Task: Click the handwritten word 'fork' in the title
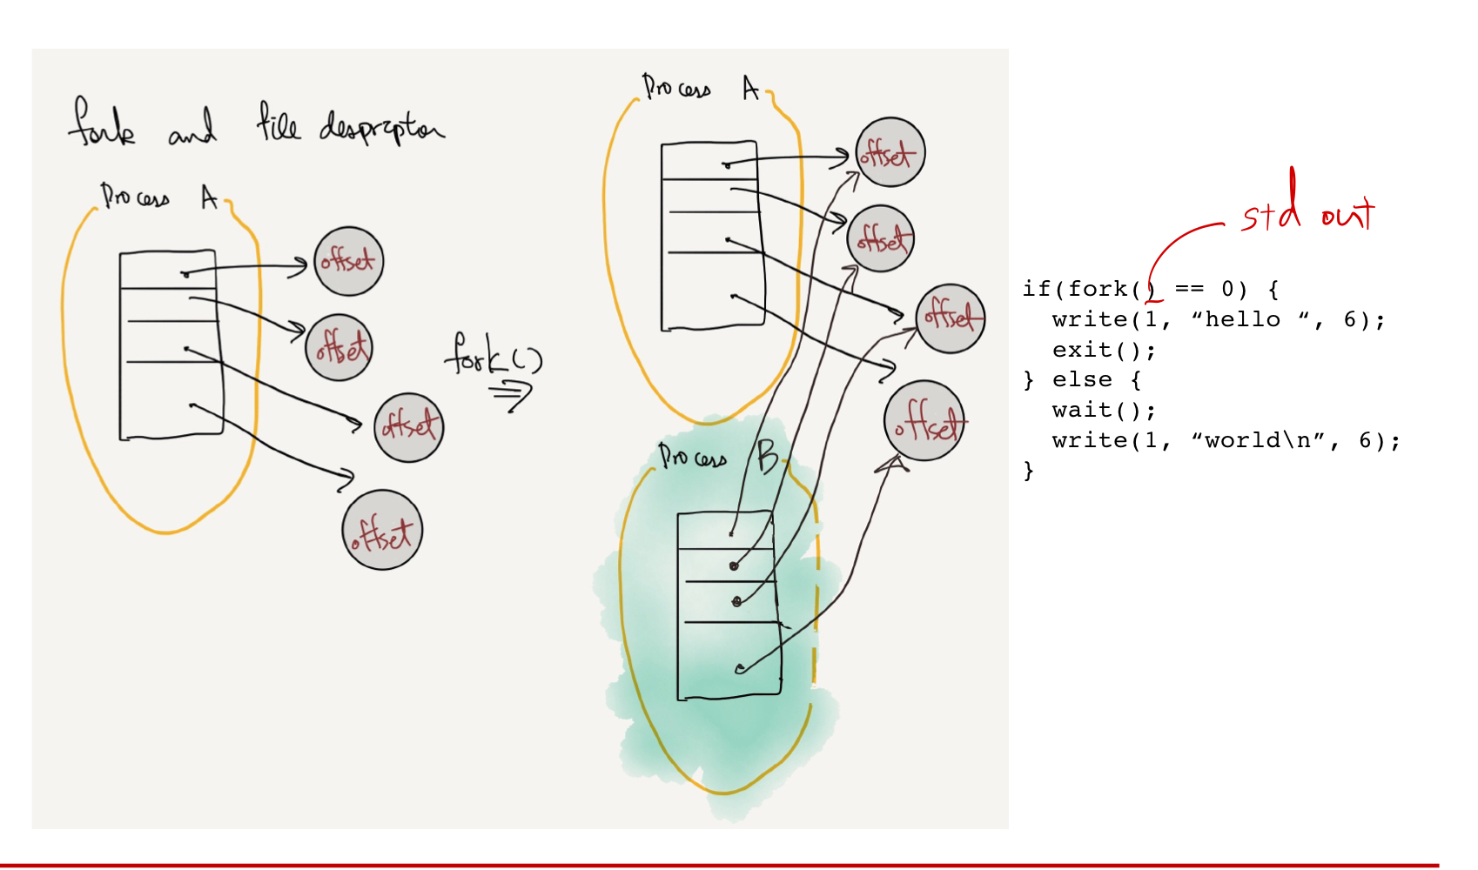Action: click(x=102, y=124)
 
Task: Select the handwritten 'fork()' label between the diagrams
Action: click(x=492, y=354)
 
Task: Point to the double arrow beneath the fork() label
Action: click(x=511, y=396)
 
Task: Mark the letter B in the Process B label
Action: click(x=767, y=457)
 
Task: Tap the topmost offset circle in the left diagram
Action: click(x=348, y=261)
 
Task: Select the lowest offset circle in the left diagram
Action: click(x=382, y=530)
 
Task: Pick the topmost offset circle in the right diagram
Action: click(x=890, y=152)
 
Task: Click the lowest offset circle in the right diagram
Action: click(x=924, y=421)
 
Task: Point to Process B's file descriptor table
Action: click(x=729, y=605)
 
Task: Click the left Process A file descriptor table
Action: click(x=171, y=345)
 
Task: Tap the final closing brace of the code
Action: click(x=1029, y=471)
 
